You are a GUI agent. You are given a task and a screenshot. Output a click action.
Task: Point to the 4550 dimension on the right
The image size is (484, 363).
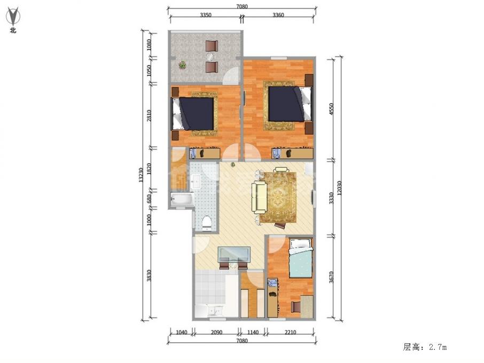point(331,109)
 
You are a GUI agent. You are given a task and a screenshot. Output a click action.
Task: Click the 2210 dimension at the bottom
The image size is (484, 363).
point(291,333)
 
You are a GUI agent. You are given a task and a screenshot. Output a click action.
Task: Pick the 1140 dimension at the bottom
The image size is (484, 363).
point(253,333)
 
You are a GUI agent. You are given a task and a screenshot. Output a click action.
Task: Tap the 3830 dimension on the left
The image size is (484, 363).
point(150,275)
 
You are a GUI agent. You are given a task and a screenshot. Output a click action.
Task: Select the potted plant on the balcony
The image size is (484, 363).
point(183,65)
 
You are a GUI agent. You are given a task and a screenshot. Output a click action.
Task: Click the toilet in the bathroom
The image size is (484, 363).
point(208,222)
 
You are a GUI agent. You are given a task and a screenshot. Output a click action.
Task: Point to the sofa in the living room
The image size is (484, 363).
point(260,196)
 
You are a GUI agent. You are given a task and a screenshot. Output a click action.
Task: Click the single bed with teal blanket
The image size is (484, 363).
point(300,258)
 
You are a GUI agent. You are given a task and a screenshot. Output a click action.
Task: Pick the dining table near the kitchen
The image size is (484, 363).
point(233,254)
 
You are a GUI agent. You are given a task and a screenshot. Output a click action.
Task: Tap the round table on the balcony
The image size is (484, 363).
point(212,56)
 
